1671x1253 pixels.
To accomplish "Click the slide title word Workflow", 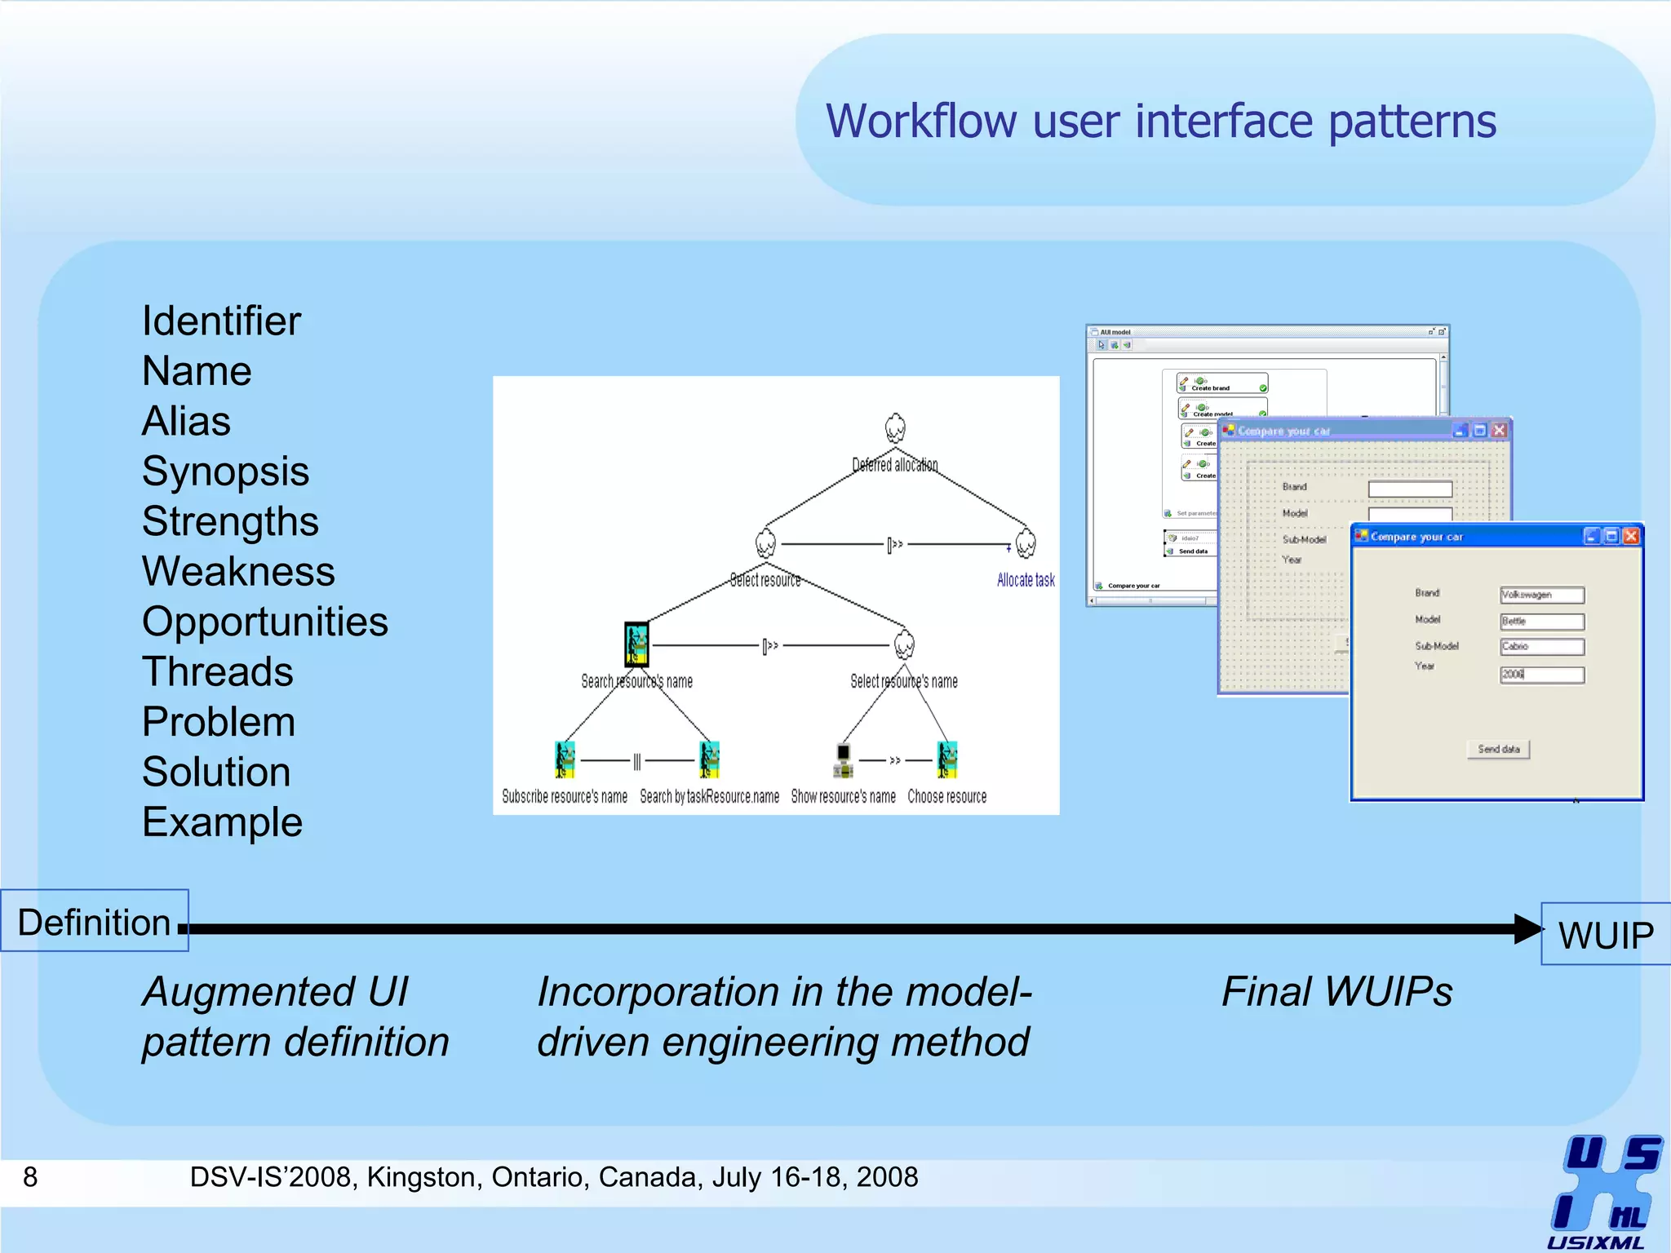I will coord(921,122).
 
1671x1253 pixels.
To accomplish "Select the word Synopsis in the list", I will coord(225,472).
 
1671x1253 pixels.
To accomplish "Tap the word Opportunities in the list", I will coord(264,622).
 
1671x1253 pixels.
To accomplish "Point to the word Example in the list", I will coord(222,822).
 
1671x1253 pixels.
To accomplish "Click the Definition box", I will coord(95,922).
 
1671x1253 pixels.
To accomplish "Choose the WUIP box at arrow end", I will coord(1605,935).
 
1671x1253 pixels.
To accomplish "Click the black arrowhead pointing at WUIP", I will coord(1527,929).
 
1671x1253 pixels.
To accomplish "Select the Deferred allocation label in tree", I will coord(894,465).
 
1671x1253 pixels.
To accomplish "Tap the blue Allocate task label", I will coord(1026,580).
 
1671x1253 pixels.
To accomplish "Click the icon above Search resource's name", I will coord(636,644).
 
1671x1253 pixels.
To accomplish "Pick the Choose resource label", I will coord(946,796).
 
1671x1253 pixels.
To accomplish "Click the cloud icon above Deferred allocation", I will coord(895,427).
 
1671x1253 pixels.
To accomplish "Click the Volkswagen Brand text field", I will coord(1541,595).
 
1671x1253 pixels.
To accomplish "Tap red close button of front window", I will coord(1630,536).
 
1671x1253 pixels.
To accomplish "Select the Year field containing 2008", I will coord(1541,675).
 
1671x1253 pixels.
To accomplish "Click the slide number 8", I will coord(30,1177).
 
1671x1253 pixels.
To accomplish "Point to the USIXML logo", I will coord(1603,1191).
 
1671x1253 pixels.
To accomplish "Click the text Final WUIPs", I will coord(1336,993).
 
